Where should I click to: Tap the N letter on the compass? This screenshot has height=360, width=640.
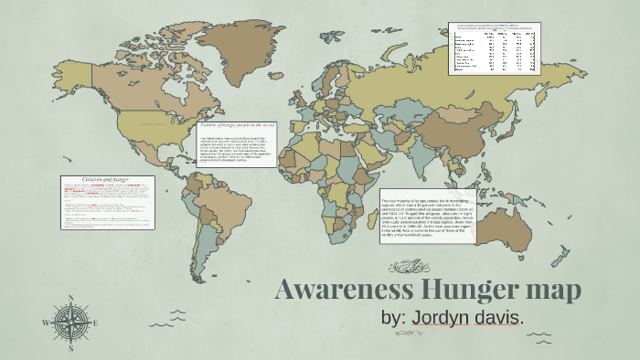70,298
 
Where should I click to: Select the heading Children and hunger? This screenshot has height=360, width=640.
106,180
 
